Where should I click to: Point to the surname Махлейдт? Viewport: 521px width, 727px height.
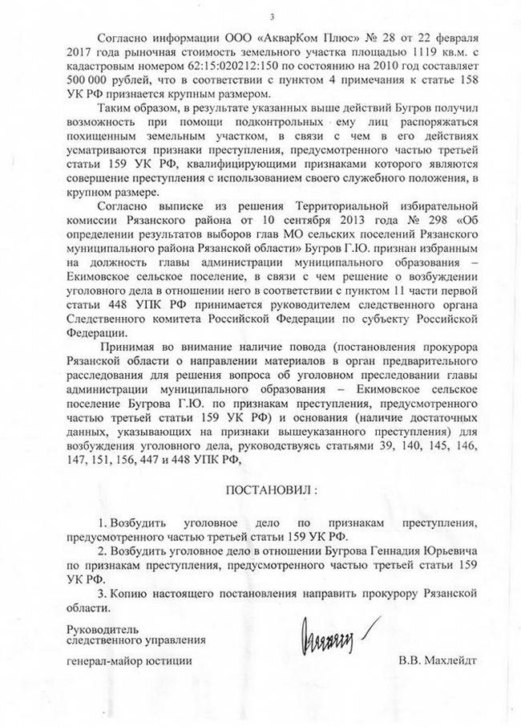point(452,661)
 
